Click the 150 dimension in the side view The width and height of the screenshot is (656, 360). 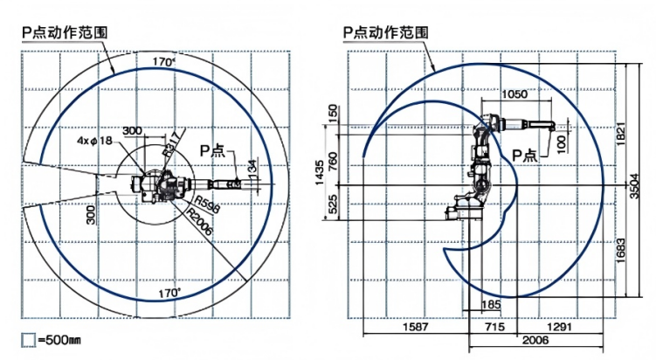tap(333, 114)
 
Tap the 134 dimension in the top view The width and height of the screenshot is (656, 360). tap(252, 166)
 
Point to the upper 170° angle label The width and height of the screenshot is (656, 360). tap(163, 63)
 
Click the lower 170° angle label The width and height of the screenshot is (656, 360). tap(168, 292)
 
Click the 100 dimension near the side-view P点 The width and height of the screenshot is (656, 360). tap(561, 141)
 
